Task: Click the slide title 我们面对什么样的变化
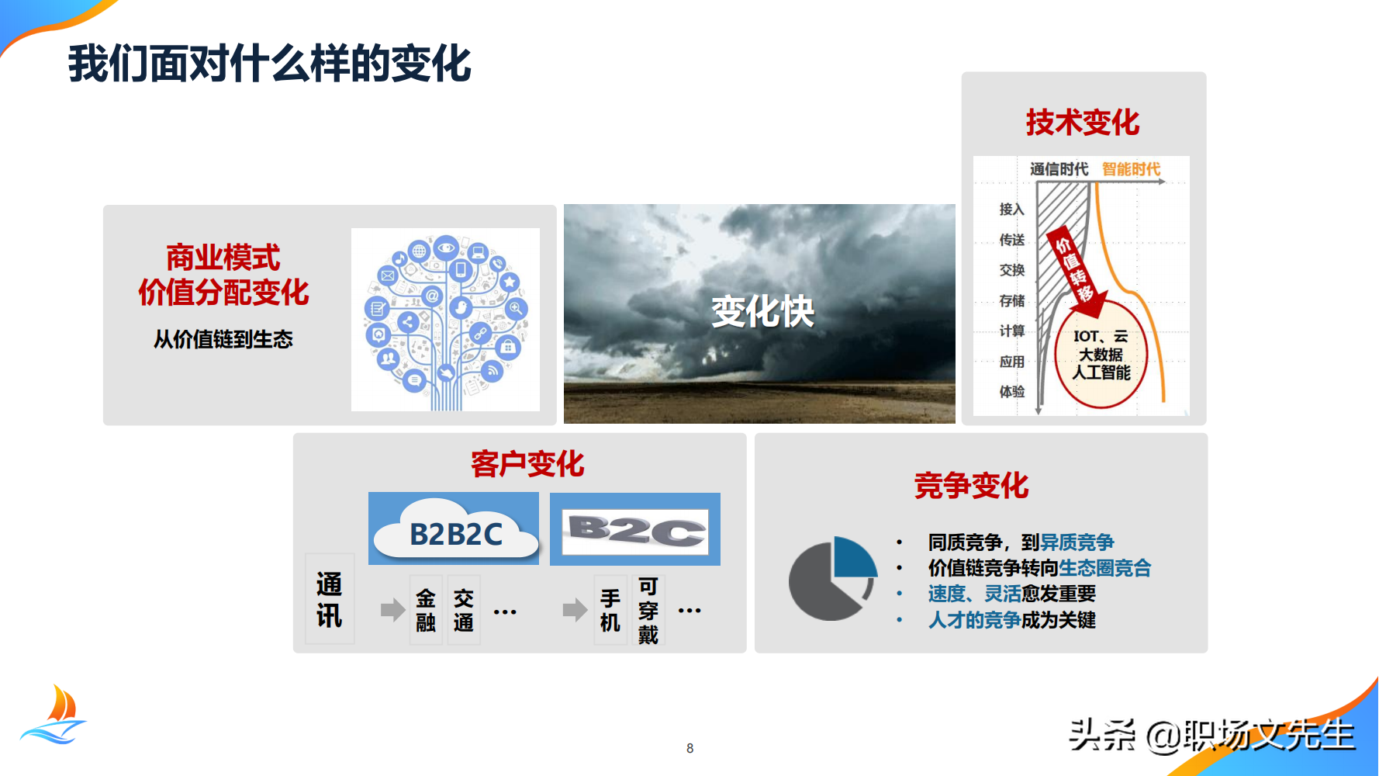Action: pyautogui.click(x=269, y=64)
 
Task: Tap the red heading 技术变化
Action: pyautogui.click(x=1083, y=123)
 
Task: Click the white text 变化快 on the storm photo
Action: pyautogui.click(x=762, y=312)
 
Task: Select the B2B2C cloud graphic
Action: pyautogui.click(x=454, y=529)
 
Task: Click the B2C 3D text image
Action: pyautogui.click(x=635, y=530)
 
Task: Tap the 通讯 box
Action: pyautogui.click(x=330, y=599)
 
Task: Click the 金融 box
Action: pyautogui.click(x=426, y=610)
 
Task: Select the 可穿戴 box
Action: pyautogui.click(x=648, y=610)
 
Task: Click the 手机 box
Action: pyautogui.click(x=610, y=610)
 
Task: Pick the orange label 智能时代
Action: pyautogui.click(x=1131, y=169)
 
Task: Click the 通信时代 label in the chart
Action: pyautogui.click(x=1059, y=169)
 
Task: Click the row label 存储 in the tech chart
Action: pyautogui.click(x=1011, y=300)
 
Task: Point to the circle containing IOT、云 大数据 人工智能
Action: pyautogui.click(x=1101, y=355)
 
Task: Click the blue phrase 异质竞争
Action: pyautogui.click(x=1077, y=542)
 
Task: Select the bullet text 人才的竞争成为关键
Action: pyautogui.click(x=1011, y=620)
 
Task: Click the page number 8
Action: pyautogui.click(x=689, y=748)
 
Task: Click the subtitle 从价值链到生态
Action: pyautogui.click(x=223, y=339)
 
